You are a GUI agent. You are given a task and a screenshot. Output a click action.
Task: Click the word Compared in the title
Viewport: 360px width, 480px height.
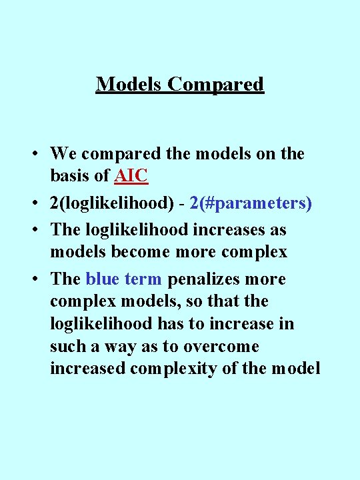(216, 85)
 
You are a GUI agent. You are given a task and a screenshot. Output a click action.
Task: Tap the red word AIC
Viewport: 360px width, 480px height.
(131, 176)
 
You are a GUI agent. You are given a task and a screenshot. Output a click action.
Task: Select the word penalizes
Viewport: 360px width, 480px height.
(197, 279)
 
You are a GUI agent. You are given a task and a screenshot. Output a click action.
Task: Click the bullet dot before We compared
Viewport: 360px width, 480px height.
(33, 155)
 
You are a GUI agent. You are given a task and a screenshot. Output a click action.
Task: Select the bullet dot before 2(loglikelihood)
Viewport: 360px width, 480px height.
(33, 204)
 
